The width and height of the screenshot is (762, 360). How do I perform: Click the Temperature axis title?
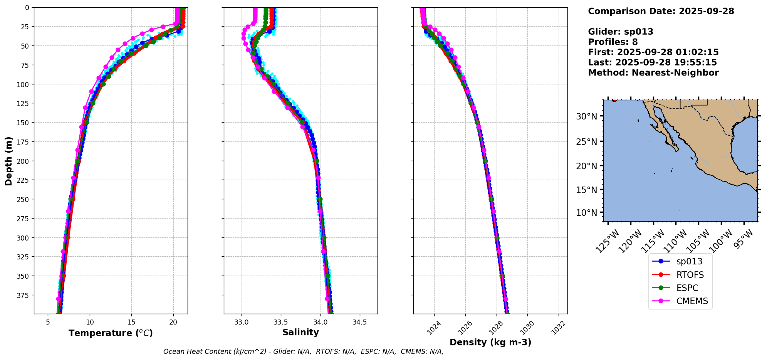click(x=111, y=333)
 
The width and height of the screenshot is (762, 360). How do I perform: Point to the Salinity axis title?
click(x=300, y=332)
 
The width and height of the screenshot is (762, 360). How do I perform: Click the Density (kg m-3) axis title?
click(x=490, y=342)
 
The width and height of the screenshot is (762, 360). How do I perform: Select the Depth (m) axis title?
click(x=8, y=161)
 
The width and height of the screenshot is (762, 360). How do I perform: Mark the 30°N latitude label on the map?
click(x=586, y=116)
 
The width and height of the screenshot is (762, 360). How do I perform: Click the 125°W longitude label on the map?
click(x=607, y=241)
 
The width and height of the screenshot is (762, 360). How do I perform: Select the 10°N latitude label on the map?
click(x=586, y=213)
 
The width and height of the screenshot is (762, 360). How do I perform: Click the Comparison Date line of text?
click(x=661, y=11)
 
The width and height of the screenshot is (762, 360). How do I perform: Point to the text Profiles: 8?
click(x=613, y=42)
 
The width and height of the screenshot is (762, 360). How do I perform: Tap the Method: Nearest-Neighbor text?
click(x=653, y=73)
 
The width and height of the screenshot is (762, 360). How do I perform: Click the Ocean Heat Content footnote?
click(x=303, y=352)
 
